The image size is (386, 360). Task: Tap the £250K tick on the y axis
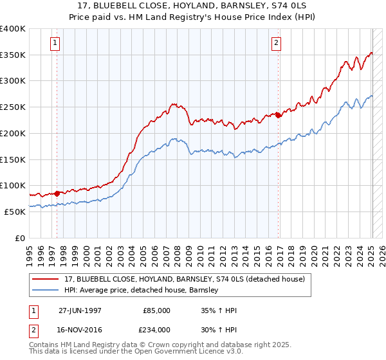(x=13, y=107)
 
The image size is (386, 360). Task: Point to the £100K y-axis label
(x=13, y=185)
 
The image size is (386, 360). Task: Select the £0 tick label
(x=20, y=238)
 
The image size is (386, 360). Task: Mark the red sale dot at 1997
(x=57, y=193)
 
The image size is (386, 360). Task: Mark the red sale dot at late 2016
(x=278, y=115)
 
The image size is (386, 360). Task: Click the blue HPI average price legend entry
(x=142, y=290)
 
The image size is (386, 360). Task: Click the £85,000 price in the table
(x=157, y=310)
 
